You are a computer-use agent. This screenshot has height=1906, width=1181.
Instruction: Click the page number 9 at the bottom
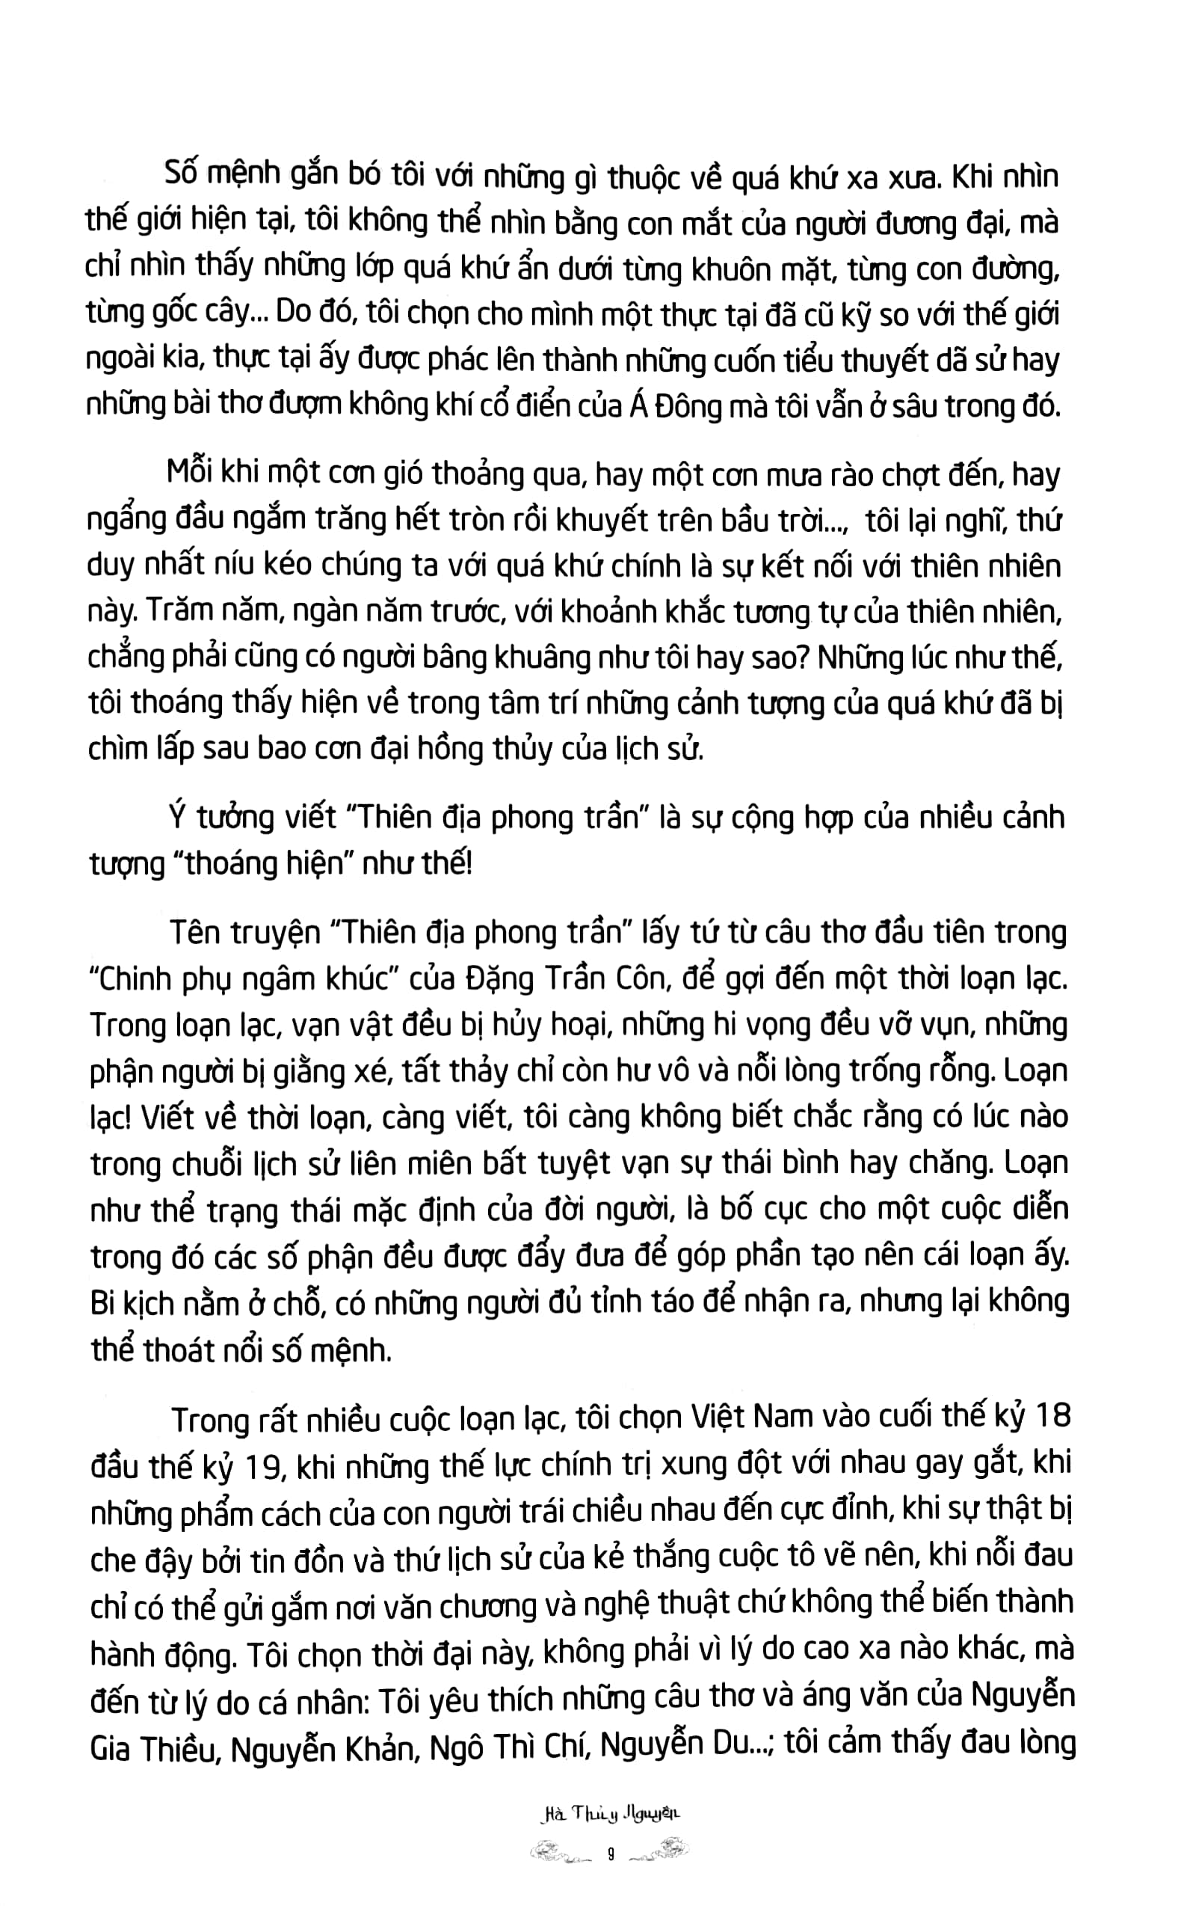[610, 1853]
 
